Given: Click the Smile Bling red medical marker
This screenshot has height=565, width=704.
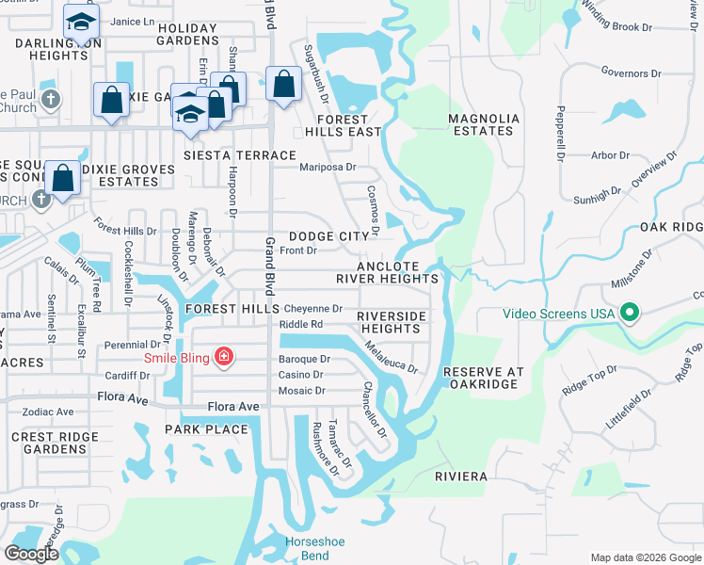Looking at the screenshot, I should [x=224, y=356].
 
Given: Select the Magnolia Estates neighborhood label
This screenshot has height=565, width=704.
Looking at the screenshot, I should [x=484, y=124].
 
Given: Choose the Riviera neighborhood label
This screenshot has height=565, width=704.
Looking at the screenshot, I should [x=461, y=476].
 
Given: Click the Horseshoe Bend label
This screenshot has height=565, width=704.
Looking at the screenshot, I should [x=308, y=548].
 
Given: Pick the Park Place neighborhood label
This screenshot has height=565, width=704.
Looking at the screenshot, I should [x=206, y=429].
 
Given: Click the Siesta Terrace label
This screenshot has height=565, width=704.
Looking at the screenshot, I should [x=240, y=154].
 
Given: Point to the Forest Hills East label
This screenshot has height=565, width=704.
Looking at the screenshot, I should [x=335, y=126].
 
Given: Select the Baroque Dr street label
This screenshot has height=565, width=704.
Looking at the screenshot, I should [x=304, y=359].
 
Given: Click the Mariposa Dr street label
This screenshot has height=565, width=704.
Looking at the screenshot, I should [x=328, y=168].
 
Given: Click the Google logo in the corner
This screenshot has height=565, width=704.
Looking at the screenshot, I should [x=31, y=554].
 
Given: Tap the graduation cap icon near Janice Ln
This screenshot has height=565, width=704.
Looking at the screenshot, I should [x=82, y=20].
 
